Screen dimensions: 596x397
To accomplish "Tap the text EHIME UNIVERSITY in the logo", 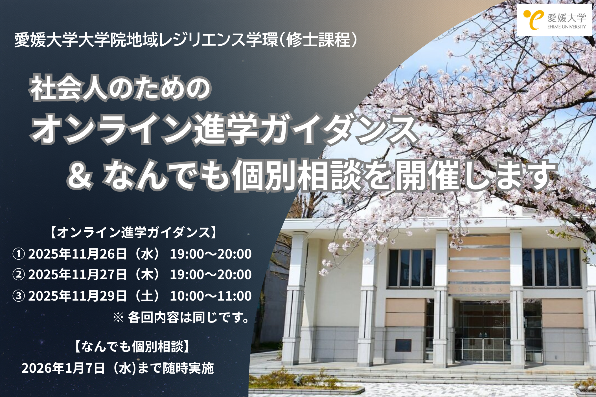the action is pyautogui.click(x=567, y=27).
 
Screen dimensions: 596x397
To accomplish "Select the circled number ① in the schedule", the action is pyautogui.click(x=19, y=254).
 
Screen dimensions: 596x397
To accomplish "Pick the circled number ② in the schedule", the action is pyautogui.click(x=19, y=275).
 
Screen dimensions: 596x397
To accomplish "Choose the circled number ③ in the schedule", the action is pyautogui.click(x=19, y=296).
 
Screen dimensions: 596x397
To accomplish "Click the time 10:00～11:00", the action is pyautogui.click(x=211, y=296).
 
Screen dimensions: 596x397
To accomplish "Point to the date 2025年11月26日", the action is pyautogui.click(x=77, y=254).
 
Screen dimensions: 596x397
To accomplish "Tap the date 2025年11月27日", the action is pyautogui.click(x=77, y=275).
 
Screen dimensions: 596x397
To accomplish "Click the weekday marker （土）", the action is pyautogui.click(x=147, y=296).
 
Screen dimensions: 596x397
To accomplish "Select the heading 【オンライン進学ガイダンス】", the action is pyautogui.click(x=133, y=233).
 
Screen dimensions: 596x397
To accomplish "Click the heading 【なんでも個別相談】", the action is pyautogui.click(x=132, y=347).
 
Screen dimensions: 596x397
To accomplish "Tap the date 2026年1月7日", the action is pyautogui.click(x=63, y=368).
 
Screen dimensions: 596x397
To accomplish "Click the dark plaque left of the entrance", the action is pyautogui.click(x=403, y=345).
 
